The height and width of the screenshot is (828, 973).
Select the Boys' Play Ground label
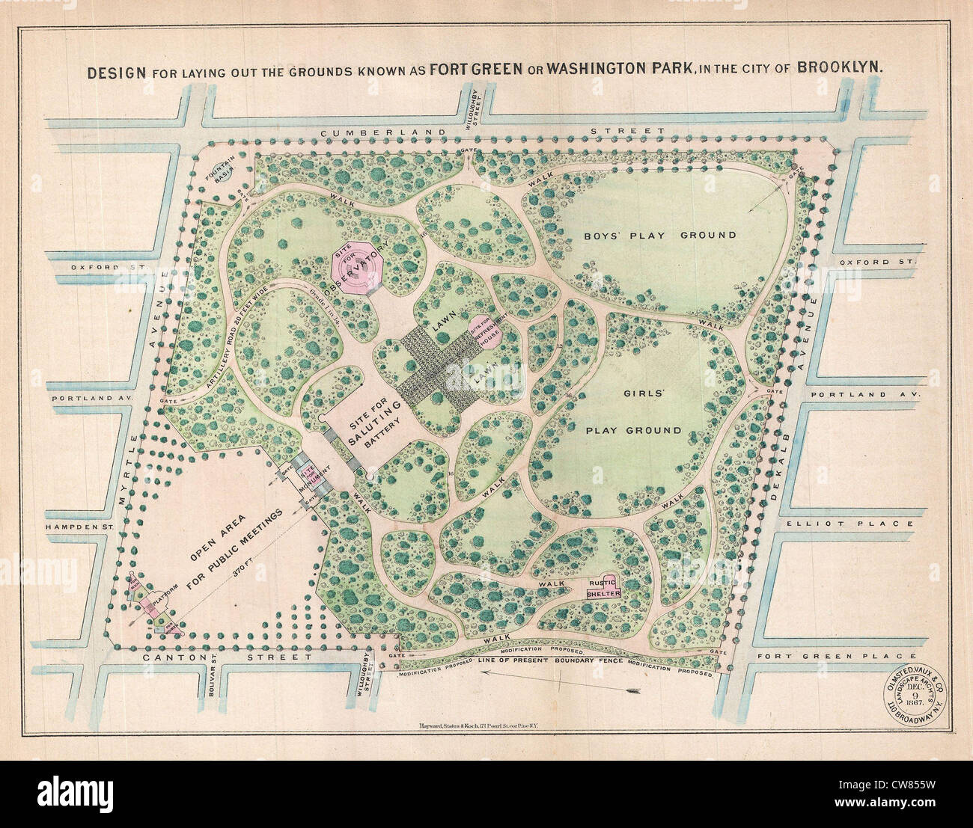pos(660,235)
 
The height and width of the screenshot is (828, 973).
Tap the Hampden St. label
pos(82,526)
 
